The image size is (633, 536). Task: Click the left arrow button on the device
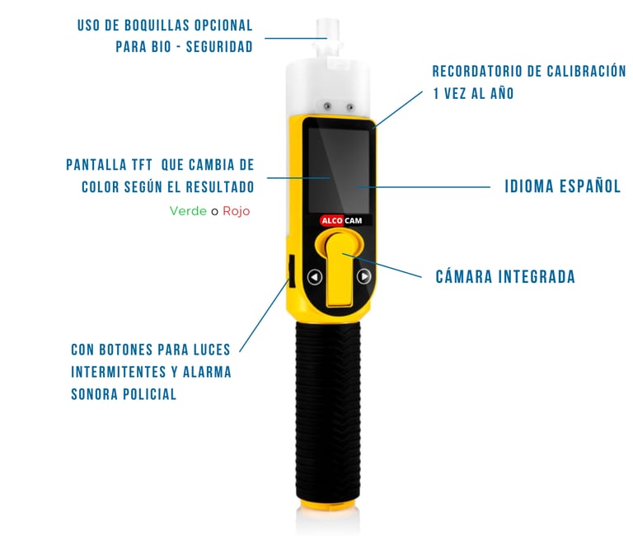coord(315,277)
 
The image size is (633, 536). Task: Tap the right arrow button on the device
coord(363,276)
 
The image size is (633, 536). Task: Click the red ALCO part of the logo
coord(331,220)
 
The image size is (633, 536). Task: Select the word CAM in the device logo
coord(354,220)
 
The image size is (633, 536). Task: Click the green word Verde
coord(188,211)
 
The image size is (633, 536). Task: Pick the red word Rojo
coord(237,211)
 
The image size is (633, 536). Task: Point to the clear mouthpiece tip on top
coord(328,29)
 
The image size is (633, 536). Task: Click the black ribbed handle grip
coord(328,412)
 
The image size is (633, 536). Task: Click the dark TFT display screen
coord(339,170)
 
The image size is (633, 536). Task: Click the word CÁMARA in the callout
coord(463,277)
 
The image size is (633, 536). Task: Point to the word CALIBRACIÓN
coord(586,72)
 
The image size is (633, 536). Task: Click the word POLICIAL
coord(150,394)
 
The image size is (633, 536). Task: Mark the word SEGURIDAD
coord(219,47)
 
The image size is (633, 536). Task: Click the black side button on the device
coord(291,270)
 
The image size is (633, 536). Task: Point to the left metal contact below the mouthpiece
coord(327,106)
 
